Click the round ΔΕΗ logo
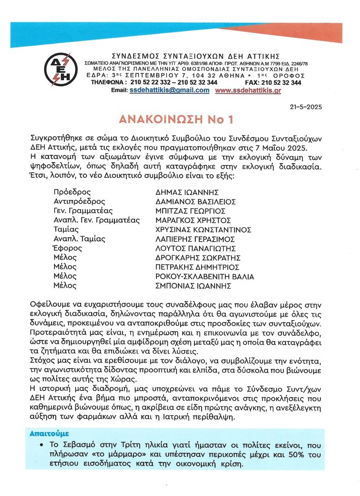61,69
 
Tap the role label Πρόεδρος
70,192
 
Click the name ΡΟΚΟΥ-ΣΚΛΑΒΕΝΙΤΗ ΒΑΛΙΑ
203,277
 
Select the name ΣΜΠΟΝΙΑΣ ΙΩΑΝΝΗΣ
189,286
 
